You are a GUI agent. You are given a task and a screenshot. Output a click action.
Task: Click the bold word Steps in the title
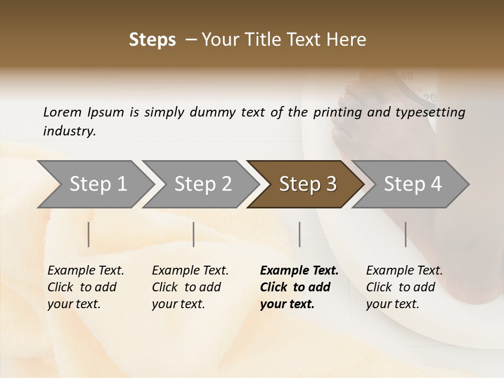152,40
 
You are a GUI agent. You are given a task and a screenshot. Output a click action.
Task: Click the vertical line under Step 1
89,234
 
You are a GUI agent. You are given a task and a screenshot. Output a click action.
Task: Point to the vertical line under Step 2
194,234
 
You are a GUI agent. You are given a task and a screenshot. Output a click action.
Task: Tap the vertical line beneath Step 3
300,234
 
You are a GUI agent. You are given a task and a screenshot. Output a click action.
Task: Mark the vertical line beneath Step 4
406,234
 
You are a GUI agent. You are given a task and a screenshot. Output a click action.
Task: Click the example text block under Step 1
86,287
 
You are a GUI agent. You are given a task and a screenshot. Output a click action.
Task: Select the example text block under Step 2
190,287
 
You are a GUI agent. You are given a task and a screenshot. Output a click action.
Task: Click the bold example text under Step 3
299,287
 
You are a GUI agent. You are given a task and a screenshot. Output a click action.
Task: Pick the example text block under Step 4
404,287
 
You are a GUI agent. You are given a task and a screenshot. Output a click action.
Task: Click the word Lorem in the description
62,112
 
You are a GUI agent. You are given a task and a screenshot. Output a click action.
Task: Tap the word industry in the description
69,131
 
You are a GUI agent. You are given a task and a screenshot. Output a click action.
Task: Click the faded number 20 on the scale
430,98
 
